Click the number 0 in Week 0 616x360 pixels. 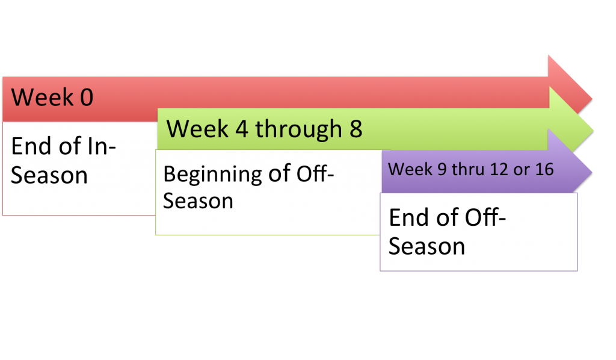(87, 98)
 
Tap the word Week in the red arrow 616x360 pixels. (43, 97)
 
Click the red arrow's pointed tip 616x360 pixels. (592, 99)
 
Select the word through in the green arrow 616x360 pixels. (298, 129)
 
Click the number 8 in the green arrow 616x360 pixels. (356, 129)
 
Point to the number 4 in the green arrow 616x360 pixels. (242, 129)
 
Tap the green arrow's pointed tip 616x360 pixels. (593, 131)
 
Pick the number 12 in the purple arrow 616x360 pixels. (499, 169)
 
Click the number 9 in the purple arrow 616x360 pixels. (442, 169)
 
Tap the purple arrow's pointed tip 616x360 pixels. (592, 172)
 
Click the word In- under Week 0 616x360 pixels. (102, 146)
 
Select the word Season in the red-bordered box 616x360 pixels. (49, 175)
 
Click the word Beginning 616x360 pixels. (212, 175)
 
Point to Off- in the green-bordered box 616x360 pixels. (315, 173)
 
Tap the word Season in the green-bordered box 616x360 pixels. (198, 201)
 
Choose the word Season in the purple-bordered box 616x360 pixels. (427, 246)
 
